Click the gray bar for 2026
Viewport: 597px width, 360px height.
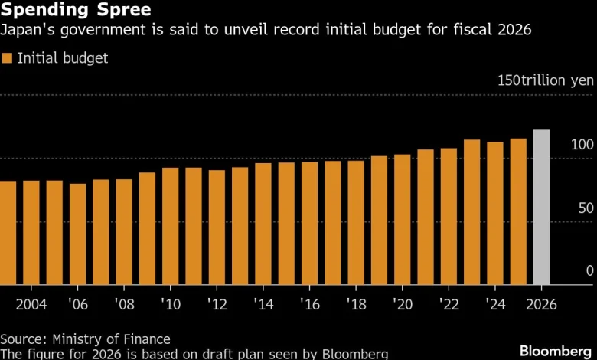[x=541, y=208]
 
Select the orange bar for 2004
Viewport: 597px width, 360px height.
[x=31, y=233]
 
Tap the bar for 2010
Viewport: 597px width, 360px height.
[x=171, y=226]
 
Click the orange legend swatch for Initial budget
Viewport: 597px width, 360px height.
[x=8, y=58]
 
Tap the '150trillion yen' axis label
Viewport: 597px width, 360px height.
[x=546, y=80]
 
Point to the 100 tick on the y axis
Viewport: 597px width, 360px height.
[x=582, y=145]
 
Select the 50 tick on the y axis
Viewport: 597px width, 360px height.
[x=586, y=208]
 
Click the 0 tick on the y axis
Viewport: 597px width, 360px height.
[x=589, y=270]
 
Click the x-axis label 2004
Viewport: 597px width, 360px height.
[x=31, y=304]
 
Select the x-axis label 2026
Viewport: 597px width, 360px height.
[x=541, y=304]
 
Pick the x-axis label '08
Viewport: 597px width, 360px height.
[x=123, y=304]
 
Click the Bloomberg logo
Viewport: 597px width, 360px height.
[x=554, y=350]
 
